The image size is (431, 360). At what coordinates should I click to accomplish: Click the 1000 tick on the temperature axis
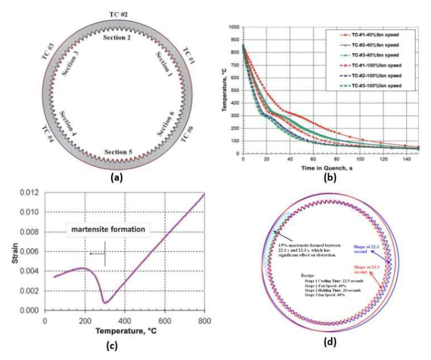233,27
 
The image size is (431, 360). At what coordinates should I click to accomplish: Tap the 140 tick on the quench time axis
403,160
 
